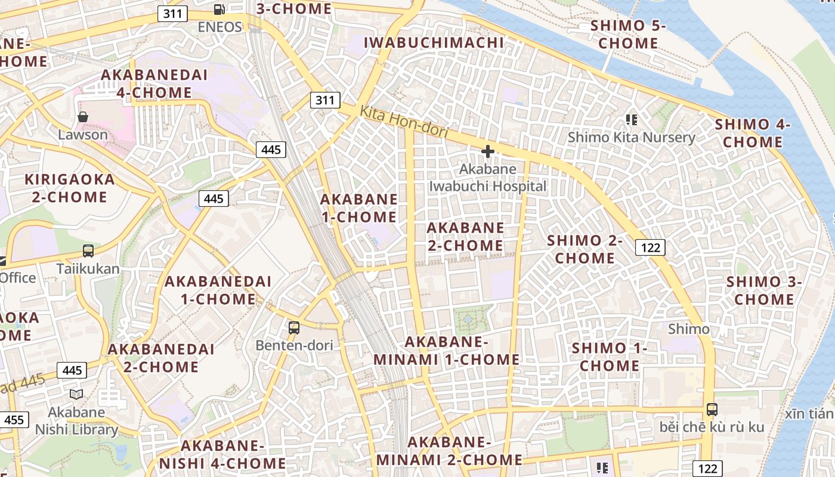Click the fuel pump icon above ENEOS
tap(219, 9)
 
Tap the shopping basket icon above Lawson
tap(83, 117)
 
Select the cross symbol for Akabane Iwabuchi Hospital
tap(488, 151)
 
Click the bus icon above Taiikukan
tap(88, 251)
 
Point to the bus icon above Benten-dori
tap(294, 327)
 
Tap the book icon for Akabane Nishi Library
tap(76, 394)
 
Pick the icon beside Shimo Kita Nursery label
tap(632, 120)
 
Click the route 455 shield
tap(14, 420)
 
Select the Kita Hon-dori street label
tap(403, 122)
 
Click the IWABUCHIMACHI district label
tap(434, 42)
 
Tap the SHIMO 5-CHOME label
tap(627, 35)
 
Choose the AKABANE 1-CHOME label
tap(359, 208)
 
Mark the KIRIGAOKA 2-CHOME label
tap(70, 188)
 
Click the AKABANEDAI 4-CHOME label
tap(154, 84)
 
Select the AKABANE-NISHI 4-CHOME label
tap(222, 454)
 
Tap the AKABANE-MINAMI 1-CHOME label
tap(447, 351)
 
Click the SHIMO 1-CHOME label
tap(610, 357)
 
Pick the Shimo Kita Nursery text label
tap(632, 138)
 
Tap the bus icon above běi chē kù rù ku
tap(712, 410)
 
